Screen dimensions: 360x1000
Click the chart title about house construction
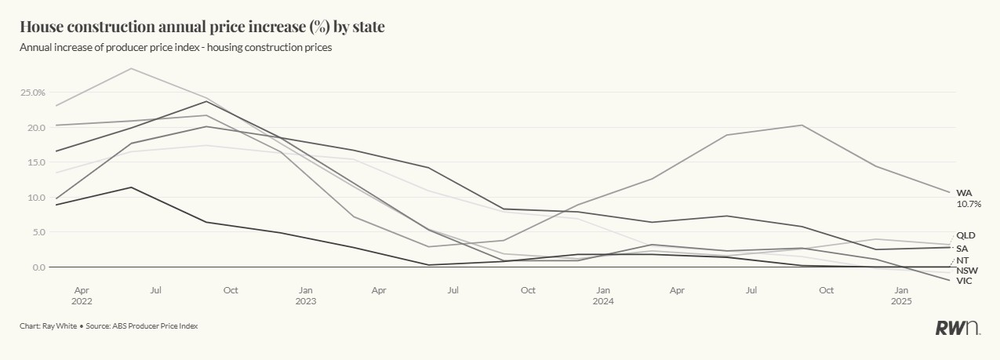click(x=202, y=27)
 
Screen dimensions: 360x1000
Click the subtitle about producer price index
click(x=176, y=48)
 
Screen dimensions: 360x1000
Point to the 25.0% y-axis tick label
click(x=33, y=93)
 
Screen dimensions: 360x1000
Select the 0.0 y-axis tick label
click(x=35, y=267)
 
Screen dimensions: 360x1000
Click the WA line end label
click(x=964, y=193)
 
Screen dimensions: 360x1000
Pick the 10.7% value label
click(x=969, y=204)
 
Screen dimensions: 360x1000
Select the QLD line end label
click(x=965, y=235)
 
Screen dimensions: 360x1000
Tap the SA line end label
click(x=962, y=248)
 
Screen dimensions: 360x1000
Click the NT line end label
click(x=963, y=260)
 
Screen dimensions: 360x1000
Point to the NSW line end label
click(x=966, y=270)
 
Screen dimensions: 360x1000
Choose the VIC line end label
click(x=964, y=281)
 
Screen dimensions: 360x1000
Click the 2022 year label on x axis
click(x=82, y=301)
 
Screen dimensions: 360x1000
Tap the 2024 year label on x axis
click(x=602, y=301)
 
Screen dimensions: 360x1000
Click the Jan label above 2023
click(x=305, y=290)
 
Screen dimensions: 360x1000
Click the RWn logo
click(x=957, y=329)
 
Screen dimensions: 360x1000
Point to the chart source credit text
click(x=108, y=326)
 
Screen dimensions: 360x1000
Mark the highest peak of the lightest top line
click(x=131, y=68)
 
